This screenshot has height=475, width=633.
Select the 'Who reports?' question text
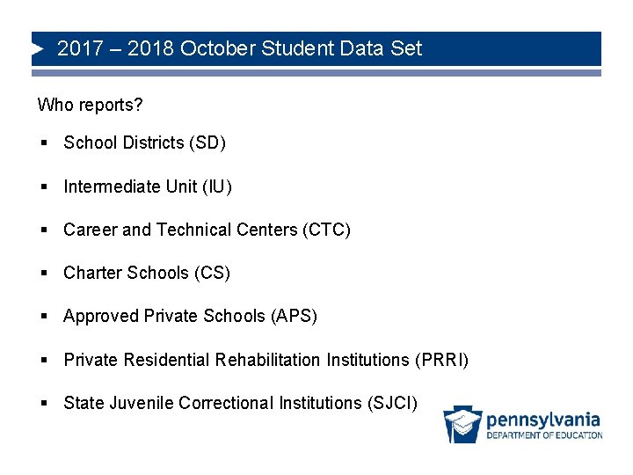click(x=90, y=106)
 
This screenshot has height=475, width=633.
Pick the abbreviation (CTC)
click(x=326, y=230)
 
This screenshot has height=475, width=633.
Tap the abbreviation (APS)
click(x=295, y=316)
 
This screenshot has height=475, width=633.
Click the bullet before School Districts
click(x=42, y=142)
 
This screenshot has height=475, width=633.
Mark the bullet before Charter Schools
click(x=42, y=273)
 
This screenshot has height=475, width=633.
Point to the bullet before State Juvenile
click(x=42, y=403)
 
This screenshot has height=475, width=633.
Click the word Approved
click(x=101, y=316)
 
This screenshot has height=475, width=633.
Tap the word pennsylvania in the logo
click(x=543, y=420)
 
